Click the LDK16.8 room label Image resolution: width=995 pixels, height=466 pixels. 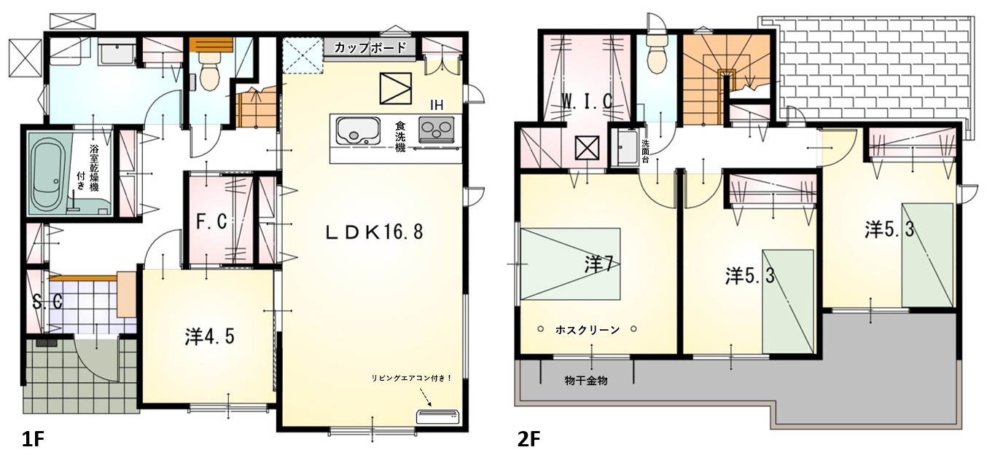374,232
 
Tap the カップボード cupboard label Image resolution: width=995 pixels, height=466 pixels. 370,47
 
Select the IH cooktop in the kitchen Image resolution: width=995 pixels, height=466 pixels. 437,130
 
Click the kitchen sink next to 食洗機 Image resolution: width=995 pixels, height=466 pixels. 358,131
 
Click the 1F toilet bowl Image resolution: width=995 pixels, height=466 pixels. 208,74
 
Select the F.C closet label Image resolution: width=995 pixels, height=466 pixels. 212,221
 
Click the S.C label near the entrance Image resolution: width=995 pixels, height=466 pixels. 47,303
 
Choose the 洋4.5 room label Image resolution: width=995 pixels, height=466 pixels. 209,337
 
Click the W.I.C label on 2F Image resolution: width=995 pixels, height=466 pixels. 586,102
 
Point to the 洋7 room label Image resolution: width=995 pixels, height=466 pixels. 598,265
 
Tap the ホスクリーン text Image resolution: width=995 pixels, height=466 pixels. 588,330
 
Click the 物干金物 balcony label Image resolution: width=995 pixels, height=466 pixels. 586,380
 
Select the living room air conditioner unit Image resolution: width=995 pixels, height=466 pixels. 437,416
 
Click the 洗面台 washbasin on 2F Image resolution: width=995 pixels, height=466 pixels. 625,147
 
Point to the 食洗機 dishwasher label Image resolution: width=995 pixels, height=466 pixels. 400,136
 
